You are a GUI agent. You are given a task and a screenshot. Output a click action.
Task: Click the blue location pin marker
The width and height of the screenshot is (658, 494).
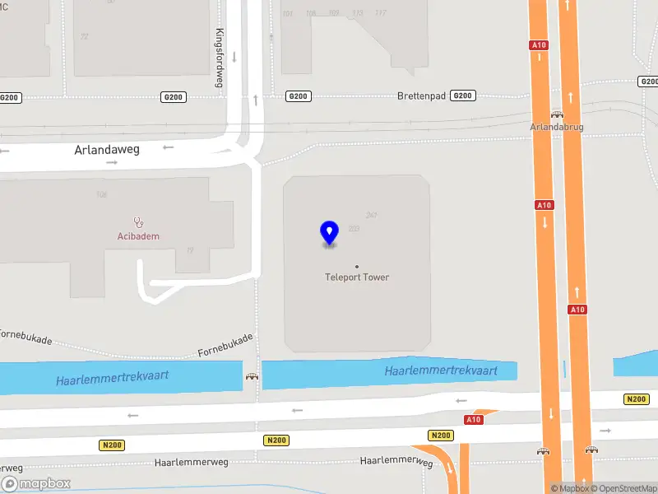pos(329,233)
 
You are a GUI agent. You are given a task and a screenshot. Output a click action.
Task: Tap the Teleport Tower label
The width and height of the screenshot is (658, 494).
pos(357,277)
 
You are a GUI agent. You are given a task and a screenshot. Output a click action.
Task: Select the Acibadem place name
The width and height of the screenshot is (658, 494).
pos(138,236)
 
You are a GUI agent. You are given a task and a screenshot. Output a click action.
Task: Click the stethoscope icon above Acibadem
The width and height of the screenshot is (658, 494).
pos(139,221)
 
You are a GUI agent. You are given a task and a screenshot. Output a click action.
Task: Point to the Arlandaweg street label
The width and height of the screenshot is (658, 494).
pos(108,150)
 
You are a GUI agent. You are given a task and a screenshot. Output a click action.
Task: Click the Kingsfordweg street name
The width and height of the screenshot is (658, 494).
pos(220,58)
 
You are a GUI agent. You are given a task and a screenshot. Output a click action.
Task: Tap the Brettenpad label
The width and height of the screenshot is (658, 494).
pos(421,96)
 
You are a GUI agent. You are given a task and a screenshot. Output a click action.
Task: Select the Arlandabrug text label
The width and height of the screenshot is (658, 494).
pos(555,128)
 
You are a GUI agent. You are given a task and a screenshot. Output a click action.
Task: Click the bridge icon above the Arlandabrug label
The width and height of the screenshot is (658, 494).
pos(557,115)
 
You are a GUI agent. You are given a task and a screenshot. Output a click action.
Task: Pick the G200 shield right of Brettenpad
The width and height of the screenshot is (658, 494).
pos(463,96)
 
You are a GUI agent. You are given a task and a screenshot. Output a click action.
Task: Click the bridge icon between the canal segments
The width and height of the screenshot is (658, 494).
pos(253,376)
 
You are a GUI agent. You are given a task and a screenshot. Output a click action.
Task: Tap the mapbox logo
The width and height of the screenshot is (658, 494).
pos(36,484)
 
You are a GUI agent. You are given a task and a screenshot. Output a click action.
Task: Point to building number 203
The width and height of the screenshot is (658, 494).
pos(354,229)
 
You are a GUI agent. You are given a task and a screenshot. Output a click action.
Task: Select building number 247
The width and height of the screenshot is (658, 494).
pos(372,216)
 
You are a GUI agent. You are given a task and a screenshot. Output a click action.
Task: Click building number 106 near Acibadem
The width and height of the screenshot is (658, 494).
pos(102,195)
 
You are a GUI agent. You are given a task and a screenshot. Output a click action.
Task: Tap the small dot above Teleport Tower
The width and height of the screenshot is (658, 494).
pos(356,266)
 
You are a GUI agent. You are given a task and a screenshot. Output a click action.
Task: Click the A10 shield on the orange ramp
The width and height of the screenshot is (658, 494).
pos(473,420)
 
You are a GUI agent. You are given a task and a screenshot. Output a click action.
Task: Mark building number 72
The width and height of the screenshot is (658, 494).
pos(85,36)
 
